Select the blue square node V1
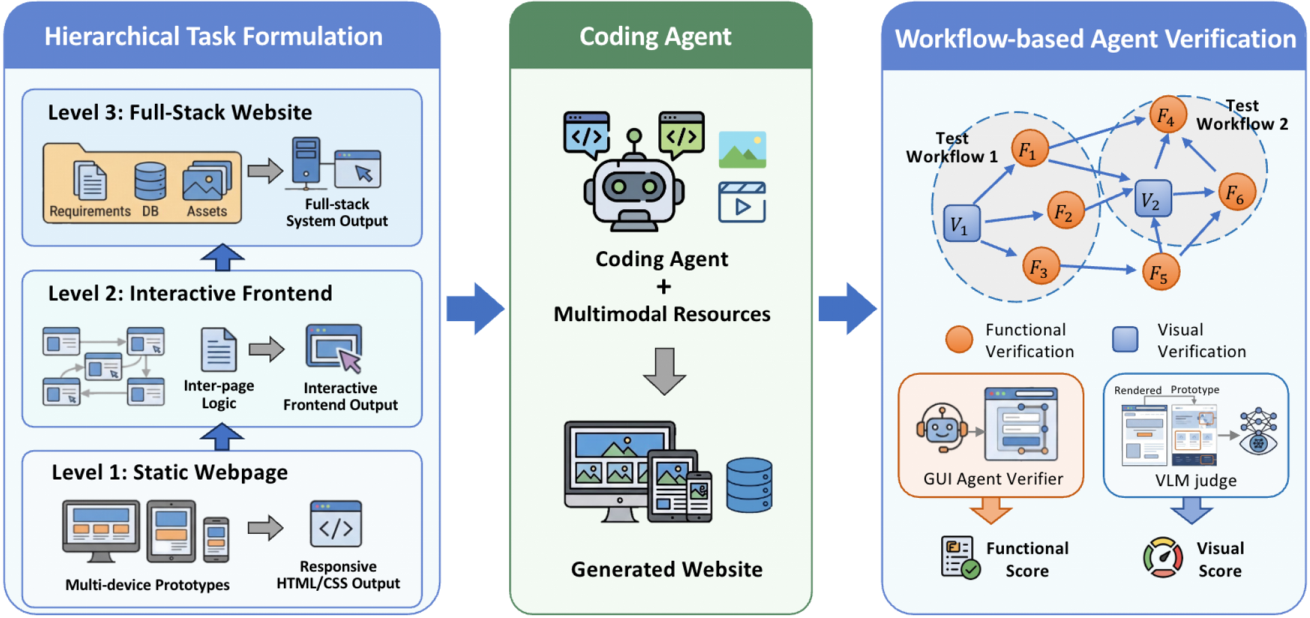click(x=960, y=224)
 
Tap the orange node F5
click(x=1160, y=272)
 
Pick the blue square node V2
click(x=1152, y=199)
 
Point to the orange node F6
click(x=1236, y=192)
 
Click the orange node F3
click(x=1040, y=266)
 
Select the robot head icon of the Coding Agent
click(x=633, y=187)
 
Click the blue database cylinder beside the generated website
click(x=750, y=485)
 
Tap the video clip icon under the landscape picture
click(x=742, y=202)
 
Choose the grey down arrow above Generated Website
click(x=664, y=371)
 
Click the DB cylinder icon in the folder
click(x=150, y=181)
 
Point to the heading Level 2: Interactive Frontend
click(x=190, y=293)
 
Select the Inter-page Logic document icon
click(x=219, y=350)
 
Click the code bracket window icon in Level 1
click(x=336, y=524)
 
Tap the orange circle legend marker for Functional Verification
click(x=959, y=339)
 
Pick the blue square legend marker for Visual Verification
click(x=1125, y=339)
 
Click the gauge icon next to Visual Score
click(x=1163, y=558)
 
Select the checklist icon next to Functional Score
click(x=960, y=558)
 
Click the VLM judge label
click(x=1195, y=481)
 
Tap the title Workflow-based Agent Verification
click(x=1095, y=39)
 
